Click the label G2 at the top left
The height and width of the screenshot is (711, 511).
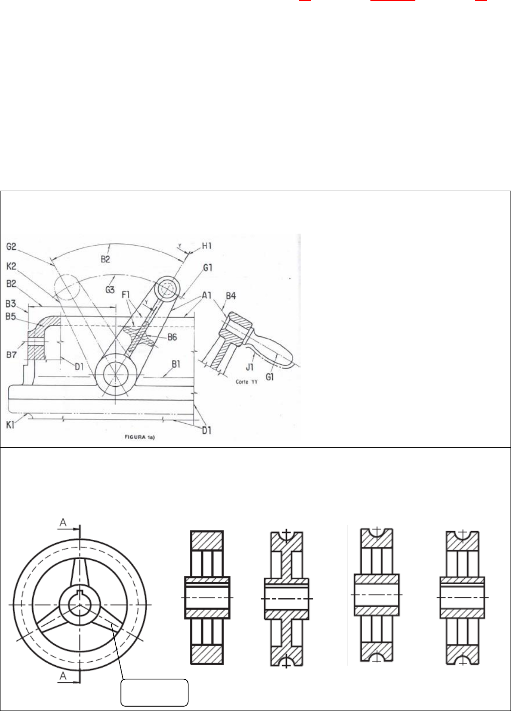tap(11, 247)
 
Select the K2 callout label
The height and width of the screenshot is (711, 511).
tap(11, 266)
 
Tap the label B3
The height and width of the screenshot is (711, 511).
tap(11, 304)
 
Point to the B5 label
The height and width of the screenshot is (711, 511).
tap(11, 316)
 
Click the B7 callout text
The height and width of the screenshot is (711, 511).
tap(11, 355)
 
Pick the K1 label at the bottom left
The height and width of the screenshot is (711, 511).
tap(10, 425)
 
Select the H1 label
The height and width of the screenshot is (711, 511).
tap(207, 246)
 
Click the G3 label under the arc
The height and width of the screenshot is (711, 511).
tap(110, 290)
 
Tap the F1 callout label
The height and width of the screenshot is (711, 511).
tap(126, 295)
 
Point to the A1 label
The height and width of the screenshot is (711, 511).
tap(207, 296)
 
